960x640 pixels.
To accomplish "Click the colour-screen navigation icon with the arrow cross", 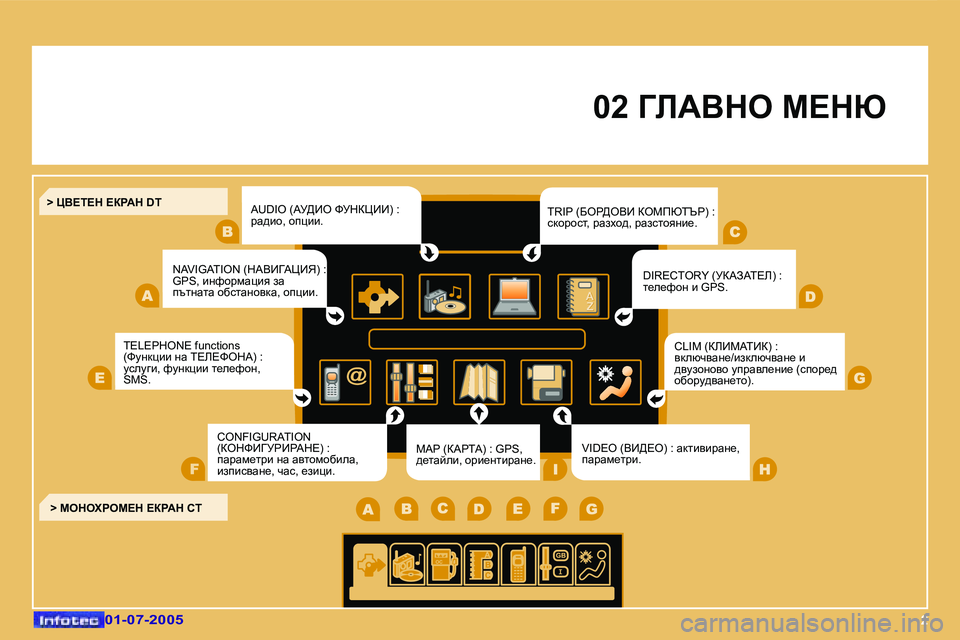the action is (x=377, y=296).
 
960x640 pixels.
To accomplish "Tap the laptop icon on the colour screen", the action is (x=514, y=296).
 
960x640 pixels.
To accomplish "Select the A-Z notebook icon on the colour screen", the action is (x=583, y=296).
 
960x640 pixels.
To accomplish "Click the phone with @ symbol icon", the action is (x=345, y=382).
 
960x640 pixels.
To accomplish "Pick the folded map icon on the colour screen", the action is (x=479, y=382).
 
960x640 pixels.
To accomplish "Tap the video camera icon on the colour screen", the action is (x=546, y=382).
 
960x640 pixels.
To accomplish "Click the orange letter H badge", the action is (x=765, y=469).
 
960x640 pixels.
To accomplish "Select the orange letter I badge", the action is (x=555, y=469).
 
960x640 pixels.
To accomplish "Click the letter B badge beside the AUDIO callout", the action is (x=227, y=232).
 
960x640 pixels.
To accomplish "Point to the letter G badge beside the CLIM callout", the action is (x=859, y=378).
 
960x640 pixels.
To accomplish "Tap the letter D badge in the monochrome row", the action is (x=479, y=508).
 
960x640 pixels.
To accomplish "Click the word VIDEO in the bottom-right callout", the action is (x=598, y=448).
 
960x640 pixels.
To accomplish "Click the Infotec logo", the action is (x=69, y=620).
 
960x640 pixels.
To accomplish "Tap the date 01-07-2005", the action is (x=144, y=619).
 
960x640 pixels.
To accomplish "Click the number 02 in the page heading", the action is (x=610, y=107).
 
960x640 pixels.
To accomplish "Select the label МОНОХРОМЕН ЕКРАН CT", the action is (x=131, y=508).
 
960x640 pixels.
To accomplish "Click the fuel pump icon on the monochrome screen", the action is (x=443, y=564).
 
